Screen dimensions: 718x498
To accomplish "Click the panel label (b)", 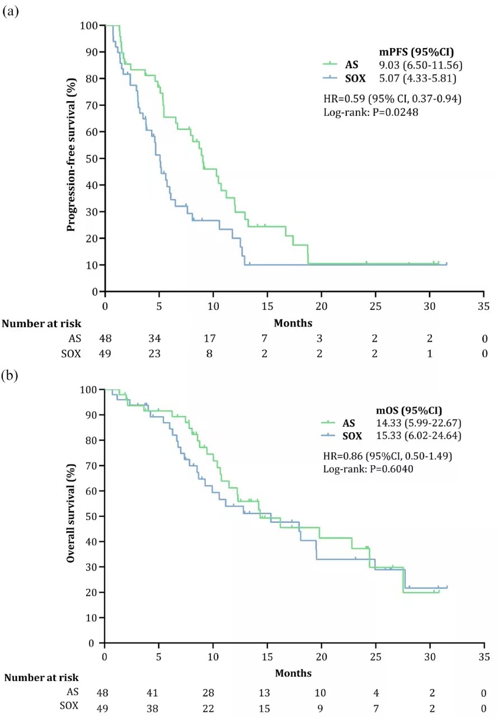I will (11, 375).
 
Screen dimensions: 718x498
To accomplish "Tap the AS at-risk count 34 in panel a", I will (159, 339).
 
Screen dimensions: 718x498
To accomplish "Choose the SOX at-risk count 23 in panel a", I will (159, 353).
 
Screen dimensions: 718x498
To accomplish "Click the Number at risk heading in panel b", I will (42, 678).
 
